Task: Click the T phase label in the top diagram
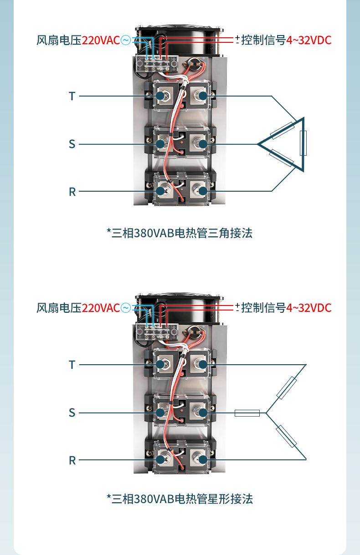tap(72, 96)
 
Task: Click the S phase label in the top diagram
tap(72, 144)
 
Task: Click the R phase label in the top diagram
tap(72, 192)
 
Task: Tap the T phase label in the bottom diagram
tap(72, 365)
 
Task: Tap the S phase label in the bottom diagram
tap(72, 412)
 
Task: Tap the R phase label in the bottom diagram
tap(72, 460)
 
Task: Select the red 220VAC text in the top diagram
tap(101, 41)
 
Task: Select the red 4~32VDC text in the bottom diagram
tap(309, 308)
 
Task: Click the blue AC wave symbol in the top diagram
tap(125, 41)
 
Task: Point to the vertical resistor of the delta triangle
tap(303, 143)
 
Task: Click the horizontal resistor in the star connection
tap(247, 413)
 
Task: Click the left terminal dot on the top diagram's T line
tap(160, 96)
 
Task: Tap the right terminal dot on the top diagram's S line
tap(203, 144)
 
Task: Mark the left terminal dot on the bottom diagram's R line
tap(160, 460)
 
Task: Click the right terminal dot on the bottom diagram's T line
tap(203, 365)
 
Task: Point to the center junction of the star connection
tap(267, 413)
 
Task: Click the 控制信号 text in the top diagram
tap(263, 41)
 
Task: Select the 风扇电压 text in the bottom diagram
tap(59, 308)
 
